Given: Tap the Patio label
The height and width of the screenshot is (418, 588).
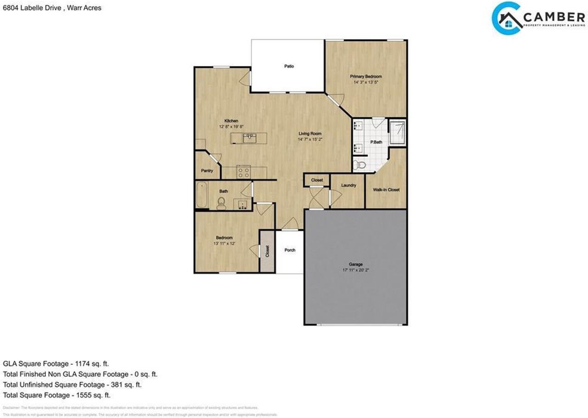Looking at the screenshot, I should point(288,66).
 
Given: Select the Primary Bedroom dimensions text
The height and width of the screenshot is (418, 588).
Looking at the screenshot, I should point(366,83).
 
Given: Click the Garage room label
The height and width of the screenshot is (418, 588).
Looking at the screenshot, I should point(356,264).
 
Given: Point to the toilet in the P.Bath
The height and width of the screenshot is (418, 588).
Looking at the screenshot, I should point(361,164).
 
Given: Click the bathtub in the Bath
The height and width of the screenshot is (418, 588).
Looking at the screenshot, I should point(201,195).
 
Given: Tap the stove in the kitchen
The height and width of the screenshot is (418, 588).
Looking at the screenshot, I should point(243,172).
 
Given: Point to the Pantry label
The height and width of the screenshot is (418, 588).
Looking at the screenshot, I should point(207,171).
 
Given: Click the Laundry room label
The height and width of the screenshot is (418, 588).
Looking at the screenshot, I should point(349,186).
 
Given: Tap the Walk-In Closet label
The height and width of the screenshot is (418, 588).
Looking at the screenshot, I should point(386,189).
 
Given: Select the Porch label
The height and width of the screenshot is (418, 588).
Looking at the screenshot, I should point(290,250).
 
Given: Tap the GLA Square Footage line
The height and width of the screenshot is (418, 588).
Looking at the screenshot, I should point(56,363).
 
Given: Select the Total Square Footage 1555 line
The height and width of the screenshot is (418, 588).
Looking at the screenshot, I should point(57,395).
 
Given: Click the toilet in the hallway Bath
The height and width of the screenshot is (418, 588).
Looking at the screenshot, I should point(221,203).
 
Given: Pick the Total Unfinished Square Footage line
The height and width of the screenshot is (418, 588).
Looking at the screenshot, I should point(72,384).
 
